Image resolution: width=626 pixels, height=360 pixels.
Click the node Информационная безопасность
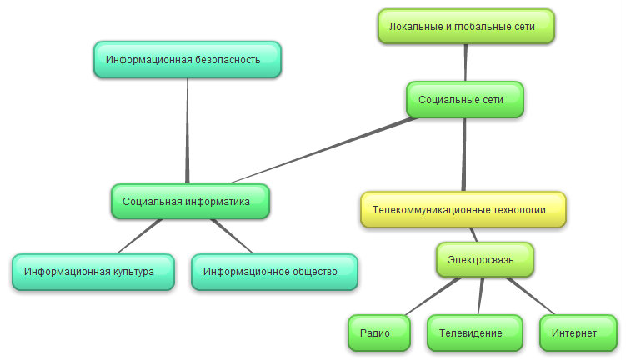(x=188, y=60)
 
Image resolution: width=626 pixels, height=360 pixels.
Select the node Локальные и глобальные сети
(x=466, y=27)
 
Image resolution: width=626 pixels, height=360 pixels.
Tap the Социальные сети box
(x=465, y=99)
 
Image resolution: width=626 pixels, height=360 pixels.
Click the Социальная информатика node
(x=190, y=201)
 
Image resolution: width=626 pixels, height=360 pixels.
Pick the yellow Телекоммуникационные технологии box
(x=463, y=210)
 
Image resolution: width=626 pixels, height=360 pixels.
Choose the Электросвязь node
(x=485, y=260)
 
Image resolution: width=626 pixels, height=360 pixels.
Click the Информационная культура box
(x=93, y=272)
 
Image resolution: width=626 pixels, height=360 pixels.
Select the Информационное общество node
(x=274, y=272)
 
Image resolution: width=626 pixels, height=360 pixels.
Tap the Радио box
(x=379, y=333)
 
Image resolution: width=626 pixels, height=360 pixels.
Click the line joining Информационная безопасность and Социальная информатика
(x=188, y=129)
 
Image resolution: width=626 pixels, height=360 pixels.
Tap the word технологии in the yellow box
(x=518, y=210)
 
